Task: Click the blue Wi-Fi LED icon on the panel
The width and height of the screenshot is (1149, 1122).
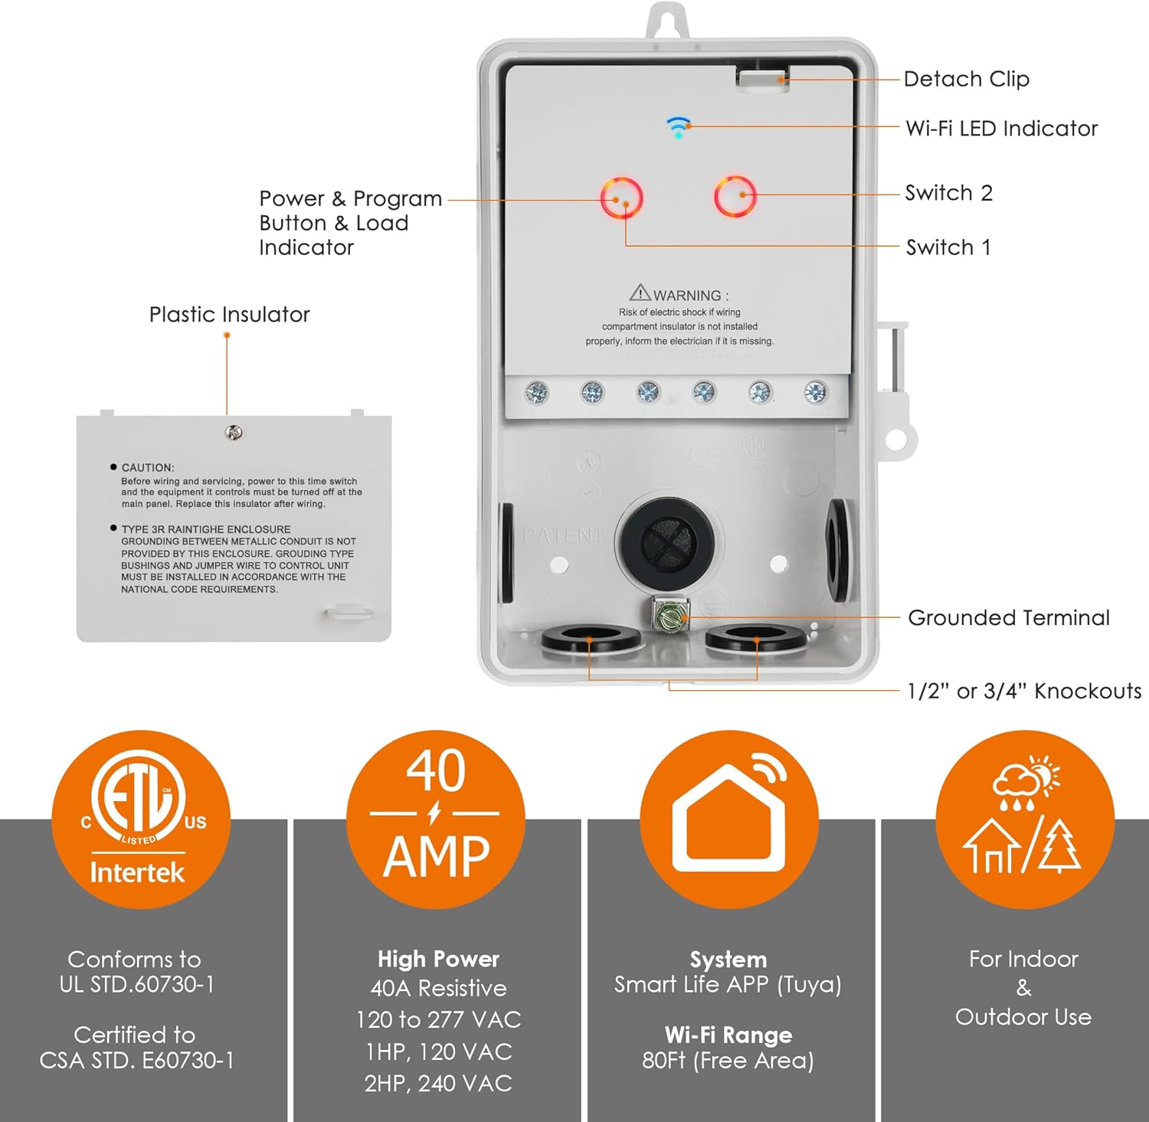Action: (678, 127)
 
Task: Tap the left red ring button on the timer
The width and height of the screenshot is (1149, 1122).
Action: (621, 198)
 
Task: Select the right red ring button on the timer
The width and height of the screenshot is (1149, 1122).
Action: (735, 197)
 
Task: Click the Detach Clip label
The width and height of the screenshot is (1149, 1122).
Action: (966, 79)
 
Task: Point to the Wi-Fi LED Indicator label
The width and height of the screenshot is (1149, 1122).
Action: (1001, 128)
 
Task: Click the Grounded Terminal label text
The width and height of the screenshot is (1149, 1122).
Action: (1008, 617)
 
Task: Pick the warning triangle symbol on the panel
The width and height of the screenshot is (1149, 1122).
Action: (640, 293)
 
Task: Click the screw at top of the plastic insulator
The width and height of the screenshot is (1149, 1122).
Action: (234, 433)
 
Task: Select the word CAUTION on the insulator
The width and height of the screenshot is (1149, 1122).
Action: (148, 467)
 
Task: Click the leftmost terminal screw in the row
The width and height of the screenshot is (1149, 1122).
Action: (536, 394)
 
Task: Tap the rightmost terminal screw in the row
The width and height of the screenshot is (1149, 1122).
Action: (816, 393)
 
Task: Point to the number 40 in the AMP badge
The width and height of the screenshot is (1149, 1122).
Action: (435, 771)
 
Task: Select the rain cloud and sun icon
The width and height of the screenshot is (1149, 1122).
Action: (1026, 782)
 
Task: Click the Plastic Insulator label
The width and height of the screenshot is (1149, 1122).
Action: (229, 314)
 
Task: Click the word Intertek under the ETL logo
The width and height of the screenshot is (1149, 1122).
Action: (137, 872)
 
